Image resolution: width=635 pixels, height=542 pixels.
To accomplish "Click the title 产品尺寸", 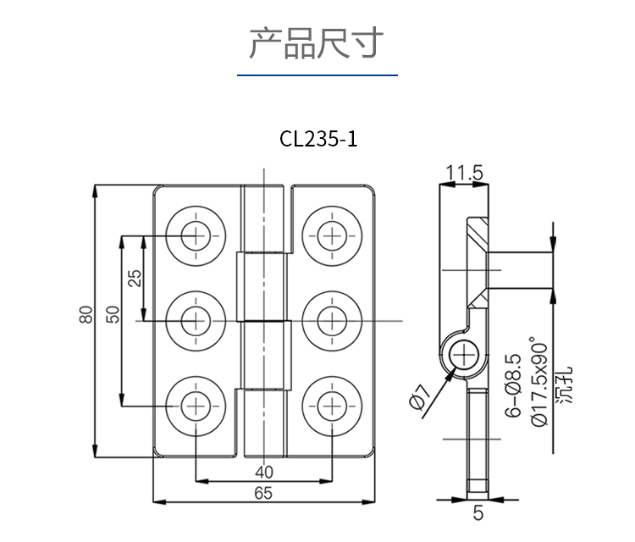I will [317, 43].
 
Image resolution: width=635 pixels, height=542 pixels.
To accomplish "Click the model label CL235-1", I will [318, 139].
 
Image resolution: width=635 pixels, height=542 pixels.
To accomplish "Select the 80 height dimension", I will [84, 315].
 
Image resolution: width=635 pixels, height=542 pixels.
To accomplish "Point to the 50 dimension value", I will [113, 313].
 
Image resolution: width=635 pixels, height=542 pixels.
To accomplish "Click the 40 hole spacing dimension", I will [263, 472].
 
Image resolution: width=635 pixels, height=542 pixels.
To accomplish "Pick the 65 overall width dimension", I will [263, 494].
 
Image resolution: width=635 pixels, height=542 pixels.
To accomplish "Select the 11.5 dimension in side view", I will [464, 174].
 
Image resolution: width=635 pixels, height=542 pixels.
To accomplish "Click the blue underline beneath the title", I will [317, 76].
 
